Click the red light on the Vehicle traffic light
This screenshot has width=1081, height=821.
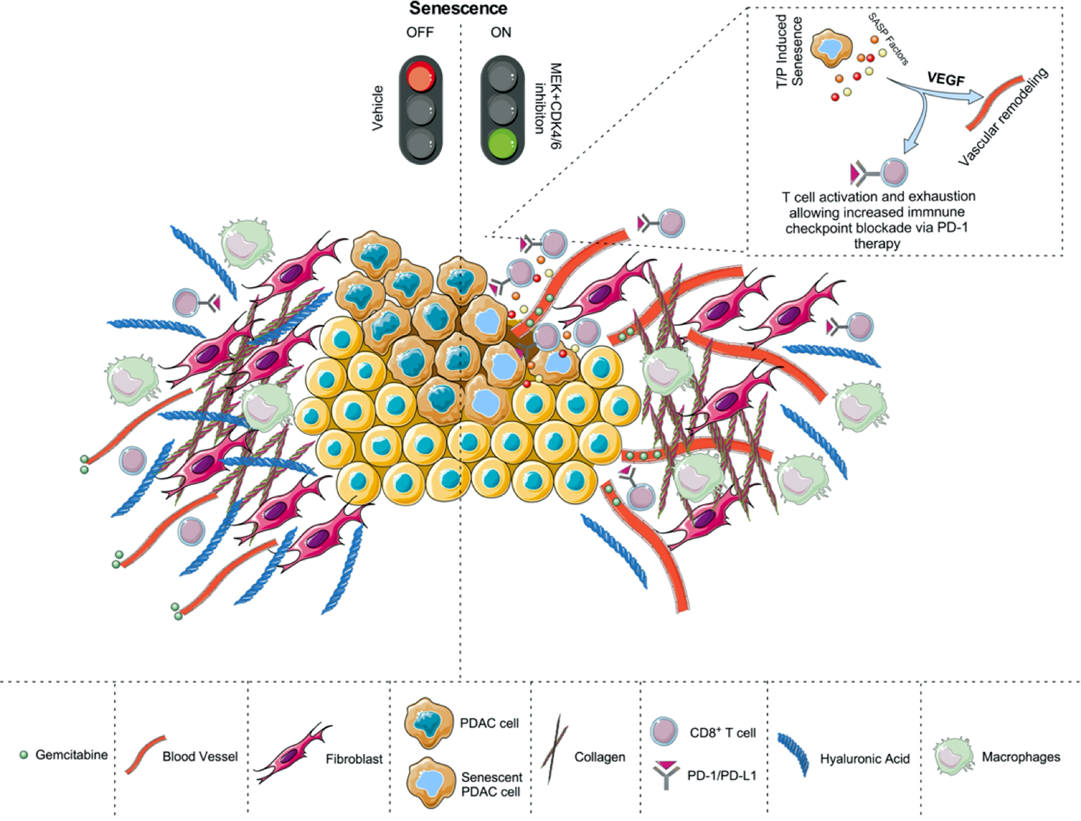421,77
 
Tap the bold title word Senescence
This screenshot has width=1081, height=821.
458,8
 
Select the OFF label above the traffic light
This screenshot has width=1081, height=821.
420,32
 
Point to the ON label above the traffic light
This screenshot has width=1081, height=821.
500,32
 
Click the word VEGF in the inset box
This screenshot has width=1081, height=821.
945,79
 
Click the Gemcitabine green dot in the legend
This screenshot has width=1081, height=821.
23,755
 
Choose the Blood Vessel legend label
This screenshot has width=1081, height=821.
200,757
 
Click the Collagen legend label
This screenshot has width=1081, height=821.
599,757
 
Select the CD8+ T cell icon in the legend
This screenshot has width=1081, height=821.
664,731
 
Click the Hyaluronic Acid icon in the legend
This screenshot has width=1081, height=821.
793,754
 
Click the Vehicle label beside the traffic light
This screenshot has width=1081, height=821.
378,108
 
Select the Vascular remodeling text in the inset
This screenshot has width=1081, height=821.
1003,117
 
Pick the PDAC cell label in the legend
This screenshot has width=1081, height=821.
489,723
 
